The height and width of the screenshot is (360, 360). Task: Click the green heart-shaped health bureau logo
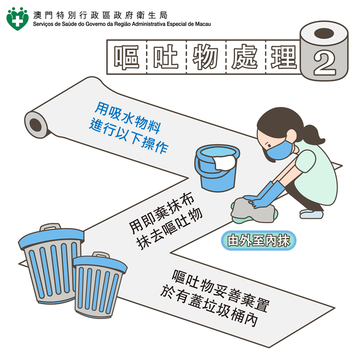coord(17,19)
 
